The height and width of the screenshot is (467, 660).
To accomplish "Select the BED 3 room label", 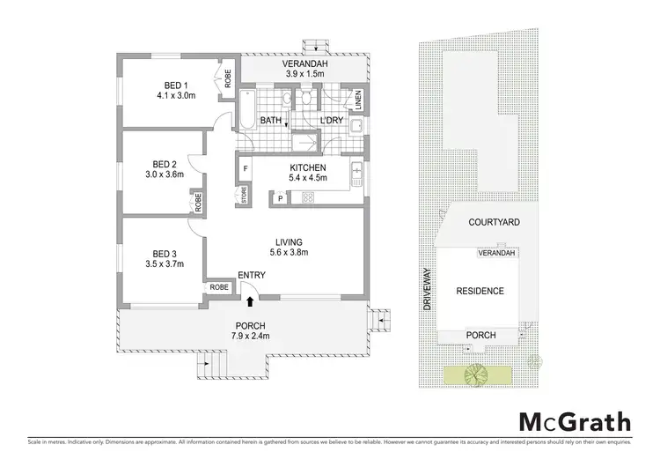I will point(165,250).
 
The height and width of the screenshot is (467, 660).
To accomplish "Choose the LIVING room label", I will point(290,241).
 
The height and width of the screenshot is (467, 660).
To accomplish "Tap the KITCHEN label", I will point(308,167).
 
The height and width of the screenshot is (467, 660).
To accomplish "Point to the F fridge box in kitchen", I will point(245,167).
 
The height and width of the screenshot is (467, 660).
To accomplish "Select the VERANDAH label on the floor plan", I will point(304,67).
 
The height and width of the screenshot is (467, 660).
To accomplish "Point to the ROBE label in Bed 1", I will point(226,78).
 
